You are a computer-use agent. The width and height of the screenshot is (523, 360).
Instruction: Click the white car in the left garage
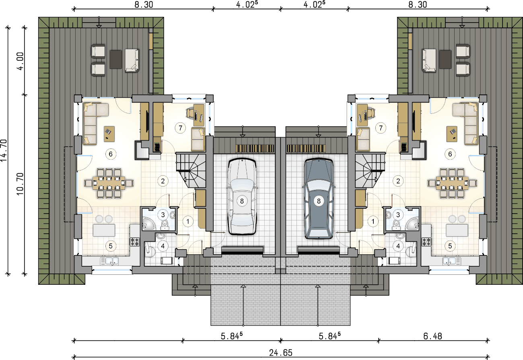pos(242,197)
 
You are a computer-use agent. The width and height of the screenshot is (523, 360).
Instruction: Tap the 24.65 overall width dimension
pos(281,352)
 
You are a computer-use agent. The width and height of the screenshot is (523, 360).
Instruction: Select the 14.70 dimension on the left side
pos(4,150)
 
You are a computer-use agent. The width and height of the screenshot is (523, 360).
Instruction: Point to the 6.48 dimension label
pos(432,336)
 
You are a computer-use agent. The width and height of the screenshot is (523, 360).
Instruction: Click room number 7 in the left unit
pos(180,128)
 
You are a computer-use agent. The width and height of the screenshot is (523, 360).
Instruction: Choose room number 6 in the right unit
pos(450,154)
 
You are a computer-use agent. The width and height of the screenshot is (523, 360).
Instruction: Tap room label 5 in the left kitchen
pos(111,246)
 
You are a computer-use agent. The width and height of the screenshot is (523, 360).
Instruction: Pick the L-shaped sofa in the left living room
pos(93,123)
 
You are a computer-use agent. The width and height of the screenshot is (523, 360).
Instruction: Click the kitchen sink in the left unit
pos(109,261)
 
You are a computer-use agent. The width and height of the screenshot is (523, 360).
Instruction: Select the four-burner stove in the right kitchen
pos(426,242)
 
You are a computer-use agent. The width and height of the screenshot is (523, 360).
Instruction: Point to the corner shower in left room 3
pos(148,224)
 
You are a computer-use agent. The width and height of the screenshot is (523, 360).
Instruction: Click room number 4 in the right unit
pos(398,246)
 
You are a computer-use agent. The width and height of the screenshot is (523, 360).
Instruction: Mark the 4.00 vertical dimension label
pos(21,61)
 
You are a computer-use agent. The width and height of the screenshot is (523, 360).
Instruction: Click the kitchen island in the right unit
pos(457,230)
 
